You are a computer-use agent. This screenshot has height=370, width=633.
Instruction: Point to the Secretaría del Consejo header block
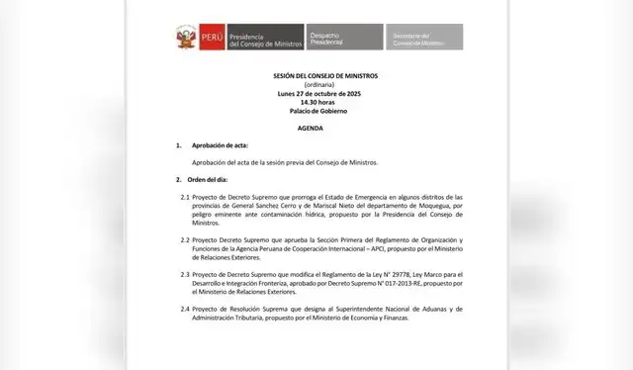pos(416,40)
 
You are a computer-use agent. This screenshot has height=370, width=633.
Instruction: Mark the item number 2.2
pos(185,240)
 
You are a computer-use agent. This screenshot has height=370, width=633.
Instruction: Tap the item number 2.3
pos(185,274)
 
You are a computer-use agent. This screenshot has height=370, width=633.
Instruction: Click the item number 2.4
pos(185,308)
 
